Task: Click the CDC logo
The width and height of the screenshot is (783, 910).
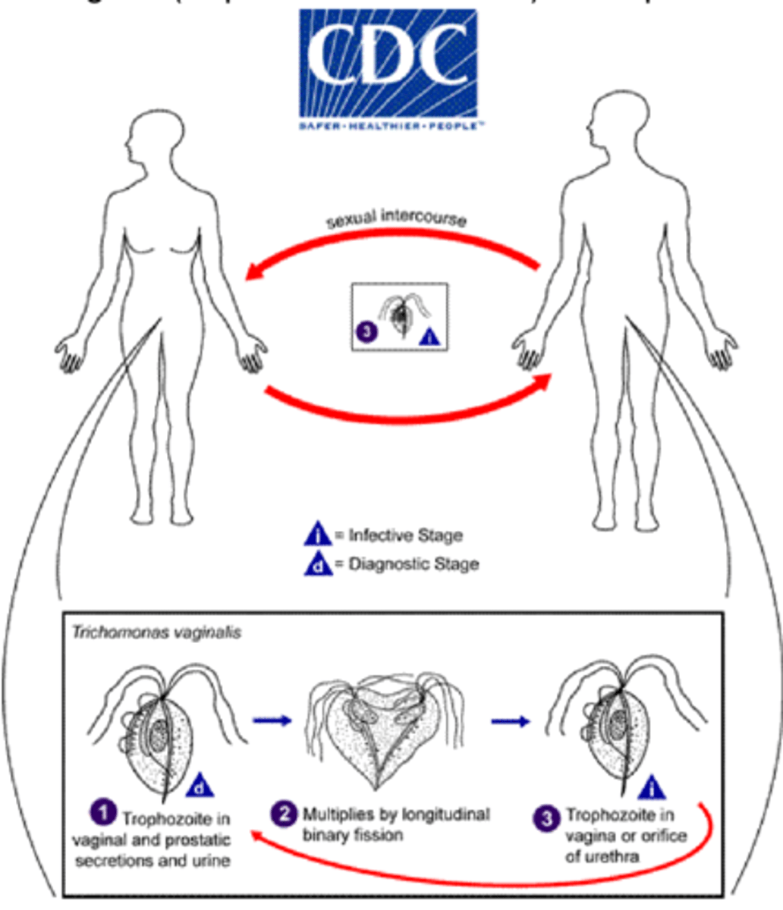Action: (x=388, y=68)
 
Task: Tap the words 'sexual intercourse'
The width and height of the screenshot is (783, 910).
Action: (x=396, y=221)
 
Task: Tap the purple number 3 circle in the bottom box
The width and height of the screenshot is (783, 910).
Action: (x=548, y=819)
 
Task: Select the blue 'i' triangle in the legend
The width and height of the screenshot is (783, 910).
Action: (x=318, y=535)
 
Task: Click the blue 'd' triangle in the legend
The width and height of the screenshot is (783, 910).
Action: (x=318, y=564)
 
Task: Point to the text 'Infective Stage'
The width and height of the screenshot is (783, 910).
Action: (x=405, y=535)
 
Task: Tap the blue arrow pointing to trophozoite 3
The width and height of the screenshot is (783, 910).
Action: (x=511, y=722)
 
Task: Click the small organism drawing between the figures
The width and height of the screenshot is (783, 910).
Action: (x=398, y=315)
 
